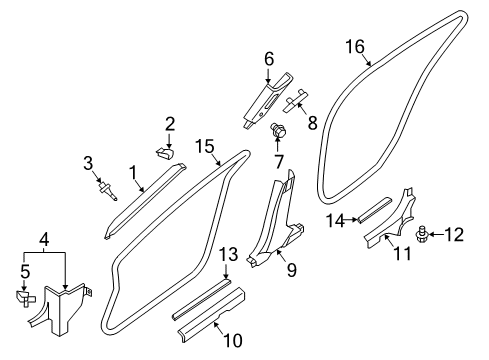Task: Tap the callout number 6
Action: (x=268, y=59)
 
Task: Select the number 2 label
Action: (x=170, y=124)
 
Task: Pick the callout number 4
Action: (x=44, y=239)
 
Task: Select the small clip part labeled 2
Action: (x=166, y=151)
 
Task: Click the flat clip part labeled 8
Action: (x=295, y=102)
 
